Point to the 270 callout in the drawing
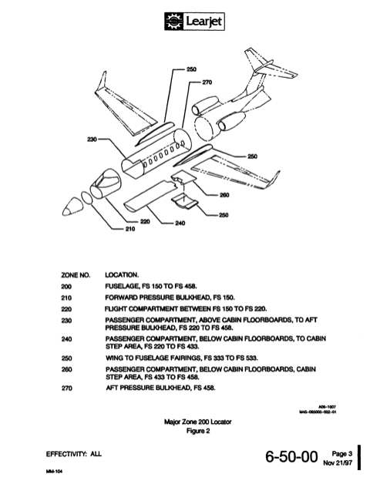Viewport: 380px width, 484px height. pyautogui.click(x=207, y=82)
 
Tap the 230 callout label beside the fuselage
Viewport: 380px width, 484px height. pyautogui.click(x=92, y=139)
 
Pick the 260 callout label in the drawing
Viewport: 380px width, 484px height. pyautogui.click(x=224, y=195)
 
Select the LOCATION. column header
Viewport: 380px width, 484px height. pyautogui.click(x=123, y=274)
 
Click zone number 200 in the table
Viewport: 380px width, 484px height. pyautogui.click(x=66, y=284)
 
